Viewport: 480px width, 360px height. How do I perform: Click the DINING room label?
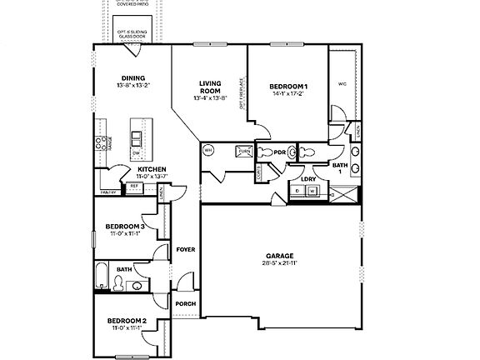pyautogui.click(x=132, y=78)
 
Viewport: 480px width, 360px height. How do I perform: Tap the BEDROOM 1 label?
pyautogui.click(x=288, y=87)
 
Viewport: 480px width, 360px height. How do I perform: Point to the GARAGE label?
pyautogui.click(x=279, y=256)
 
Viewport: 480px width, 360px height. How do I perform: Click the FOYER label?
pyautogui.click(x=185, y=249)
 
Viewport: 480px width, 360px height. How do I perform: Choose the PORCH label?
pyautogui.click(x=185, y=303)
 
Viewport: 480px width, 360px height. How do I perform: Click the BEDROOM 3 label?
pyautogui.click(x=125, y=226)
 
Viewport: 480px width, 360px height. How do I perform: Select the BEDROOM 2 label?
pyautogui.click(x=126, y=321)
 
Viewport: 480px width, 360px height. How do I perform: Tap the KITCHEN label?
pyautogui.click(x=151, y=168)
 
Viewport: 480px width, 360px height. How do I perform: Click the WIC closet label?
pyautogui.click(x=342, y=83)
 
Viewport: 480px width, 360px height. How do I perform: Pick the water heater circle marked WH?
pyautogui.click(x=208, y=151)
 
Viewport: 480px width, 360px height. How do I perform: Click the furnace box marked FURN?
pyautogui.click(x=244, y=151)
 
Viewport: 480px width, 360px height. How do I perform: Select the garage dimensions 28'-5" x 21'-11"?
pyautogui.click(x=279, y=263)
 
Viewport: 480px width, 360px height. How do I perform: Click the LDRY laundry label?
pyautogui.click(x=307, y=178)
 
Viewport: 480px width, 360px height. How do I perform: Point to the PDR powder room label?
pyautogui.click(x=279, y=152)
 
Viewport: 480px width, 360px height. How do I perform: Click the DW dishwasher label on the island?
pyautogui.click(x=136, y=152)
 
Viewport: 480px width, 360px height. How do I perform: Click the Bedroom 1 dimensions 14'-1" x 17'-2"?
pyautogui.click(x=288, y=95)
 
